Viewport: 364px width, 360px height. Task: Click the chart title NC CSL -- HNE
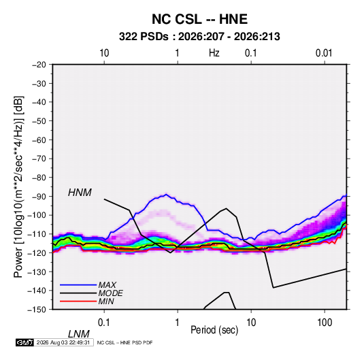(x=199, y=19)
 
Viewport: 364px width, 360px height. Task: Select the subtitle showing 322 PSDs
(x=199, y=37)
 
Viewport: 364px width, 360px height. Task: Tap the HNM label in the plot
(x=80, y=193)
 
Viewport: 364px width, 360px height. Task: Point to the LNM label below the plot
(x=78, y=334)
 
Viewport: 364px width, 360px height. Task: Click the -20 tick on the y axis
(x=39, y=65)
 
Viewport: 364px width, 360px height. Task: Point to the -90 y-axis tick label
(x=39, y=197)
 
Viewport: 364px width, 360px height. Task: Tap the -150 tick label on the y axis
(x=37, y=310)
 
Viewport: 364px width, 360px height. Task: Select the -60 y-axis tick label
(x=39, y=140)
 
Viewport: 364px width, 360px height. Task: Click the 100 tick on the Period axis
(x=325, y=323)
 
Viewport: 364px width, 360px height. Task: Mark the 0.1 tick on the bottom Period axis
(x=104, y=323)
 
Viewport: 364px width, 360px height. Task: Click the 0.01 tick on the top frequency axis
(x=324, y=53)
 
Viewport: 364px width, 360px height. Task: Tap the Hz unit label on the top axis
(x=214, y=53)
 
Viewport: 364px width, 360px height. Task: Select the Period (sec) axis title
(x=214, y=330)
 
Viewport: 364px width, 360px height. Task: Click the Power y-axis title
(x=18, y=187)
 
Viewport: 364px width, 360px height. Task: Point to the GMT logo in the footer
(x=24, y=342)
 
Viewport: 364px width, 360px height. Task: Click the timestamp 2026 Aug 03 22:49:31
(x=63, y=342)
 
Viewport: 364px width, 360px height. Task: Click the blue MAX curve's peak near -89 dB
(x=166, y=195)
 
